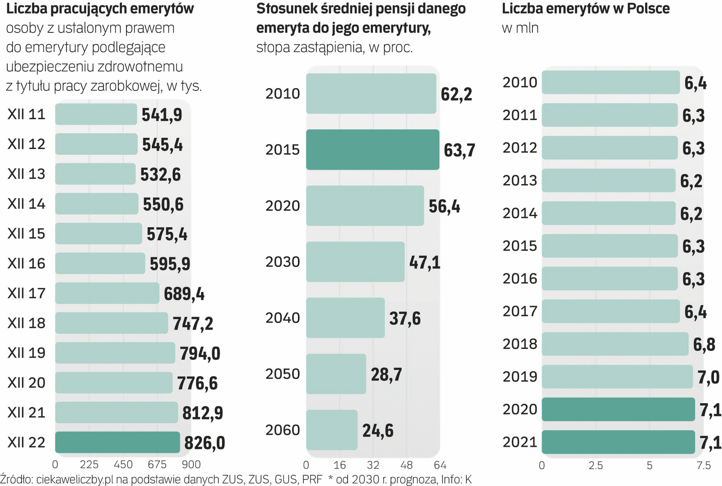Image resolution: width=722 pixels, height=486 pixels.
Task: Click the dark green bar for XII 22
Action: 117,442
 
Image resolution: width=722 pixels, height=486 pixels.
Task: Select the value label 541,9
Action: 162,115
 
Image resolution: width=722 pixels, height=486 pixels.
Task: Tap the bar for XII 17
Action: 107,293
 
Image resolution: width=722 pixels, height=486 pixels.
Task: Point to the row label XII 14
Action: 26,204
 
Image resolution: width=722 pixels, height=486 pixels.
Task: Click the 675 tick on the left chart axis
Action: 157,464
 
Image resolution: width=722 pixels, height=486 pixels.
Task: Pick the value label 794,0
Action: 200,354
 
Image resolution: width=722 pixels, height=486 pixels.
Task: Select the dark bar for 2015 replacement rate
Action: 372,150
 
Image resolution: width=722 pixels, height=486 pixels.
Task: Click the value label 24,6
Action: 378,431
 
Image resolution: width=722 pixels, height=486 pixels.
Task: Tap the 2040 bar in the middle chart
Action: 345,318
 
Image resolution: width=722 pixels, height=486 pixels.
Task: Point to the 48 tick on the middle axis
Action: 406,465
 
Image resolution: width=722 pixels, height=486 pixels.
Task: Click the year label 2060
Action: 282,430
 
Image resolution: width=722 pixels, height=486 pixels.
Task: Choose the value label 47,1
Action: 425,262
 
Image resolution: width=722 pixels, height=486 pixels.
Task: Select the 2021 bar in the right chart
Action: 618,442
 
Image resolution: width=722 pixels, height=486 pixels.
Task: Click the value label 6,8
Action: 704,345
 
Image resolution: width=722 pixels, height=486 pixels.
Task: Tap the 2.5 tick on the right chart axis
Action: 596,465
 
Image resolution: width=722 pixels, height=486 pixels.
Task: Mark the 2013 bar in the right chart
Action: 608,180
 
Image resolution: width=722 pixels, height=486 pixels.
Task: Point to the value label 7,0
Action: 709,377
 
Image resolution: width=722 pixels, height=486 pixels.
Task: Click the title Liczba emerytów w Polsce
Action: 585,9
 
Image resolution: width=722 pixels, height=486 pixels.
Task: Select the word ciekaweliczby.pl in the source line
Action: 75,480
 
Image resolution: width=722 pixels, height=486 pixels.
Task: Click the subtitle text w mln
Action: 520,28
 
